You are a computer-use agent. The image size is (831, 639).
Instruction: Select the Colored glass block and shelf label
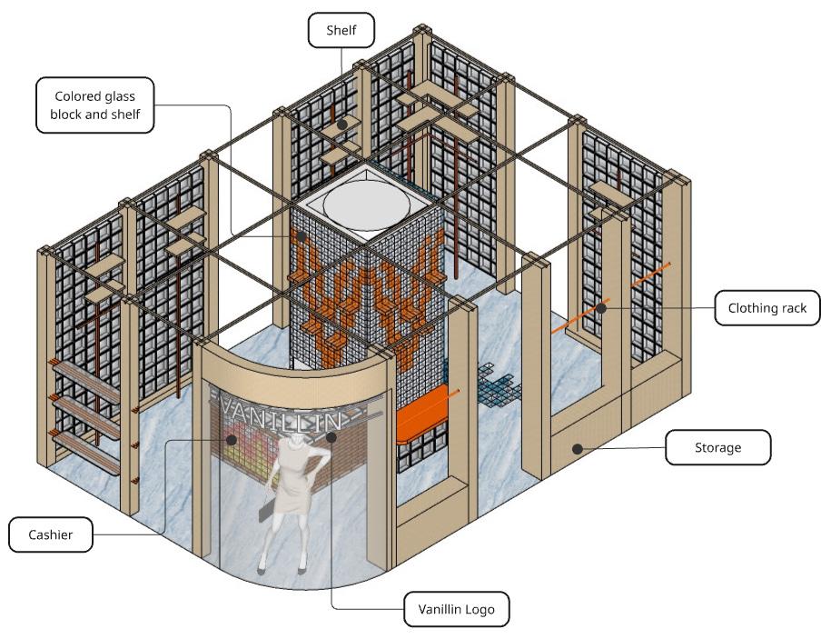95,105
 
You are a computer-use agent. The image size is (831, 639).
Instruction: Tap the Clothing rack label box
767,308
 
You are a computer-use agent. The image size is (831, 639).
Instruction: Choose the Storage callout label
717,447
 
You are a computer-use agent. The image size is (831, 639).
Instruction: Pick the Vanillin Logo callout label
456,609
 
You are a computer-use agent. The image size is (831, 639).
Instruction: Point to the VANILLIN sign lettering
278,413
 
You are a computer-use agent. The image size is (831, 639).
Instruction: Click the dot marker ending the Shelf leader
342,124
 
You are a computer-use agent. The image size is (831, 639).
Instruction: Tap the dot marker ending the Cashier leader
232,439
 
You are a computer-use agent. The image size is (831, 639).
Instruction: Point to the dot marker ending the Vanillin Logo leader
331,437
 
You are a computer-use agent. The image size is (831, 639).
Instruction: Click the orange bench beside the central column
423,412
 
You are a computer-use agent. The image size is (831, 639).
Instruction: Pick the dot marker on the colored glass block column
302,236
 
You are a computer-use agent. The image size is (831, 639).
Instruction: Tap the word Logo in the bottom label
480,609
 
